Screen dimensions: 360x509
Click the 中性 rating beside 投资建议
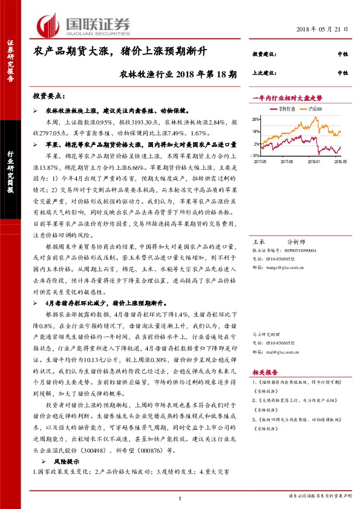pyautogui.click(x=343, y=55)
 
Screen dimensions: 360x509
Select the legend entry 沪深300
pyautogui.click(x=314, y=109)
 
